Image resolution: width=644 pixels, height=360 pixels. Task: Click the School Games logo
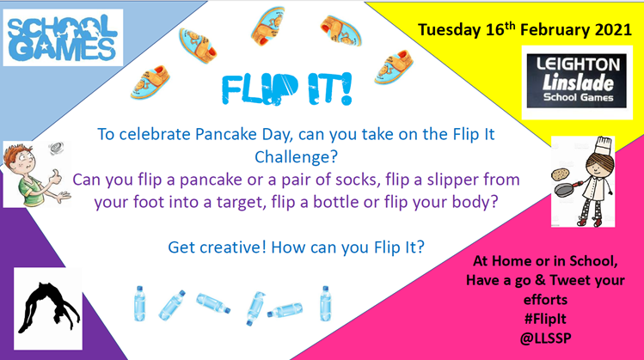click(x=63, y=38)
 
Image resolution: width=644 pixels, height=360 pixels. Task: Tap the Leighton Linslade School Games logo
click(x=577, y=82)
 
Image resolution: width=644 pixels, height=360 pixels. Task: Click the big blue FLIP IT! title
click(x=286, y=89)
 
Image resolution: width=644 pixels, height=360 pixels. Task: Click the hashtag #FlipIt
click(x=545, y=319)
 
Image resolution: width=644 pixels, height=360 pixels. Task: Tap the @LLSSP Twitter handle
click(x=545, y=339)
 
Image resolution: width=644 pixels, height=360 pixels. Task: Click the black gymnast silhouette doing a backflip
click(x=49, y=308)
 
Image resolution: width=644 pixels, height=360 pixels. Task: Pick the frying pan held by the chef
click(x=567, y=189)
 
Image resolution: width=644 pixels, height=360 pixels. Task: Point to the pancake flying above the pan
click(x=559, y=174)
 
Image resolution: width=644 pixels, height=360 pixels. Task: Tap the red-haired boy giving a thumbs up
click(x=34, y=174)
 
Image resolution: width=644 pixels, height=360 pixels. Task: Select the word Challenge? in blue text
click(x=296, y=157)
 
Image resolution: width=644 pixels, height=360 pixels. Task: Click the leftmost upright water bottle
click(x=139, y=304)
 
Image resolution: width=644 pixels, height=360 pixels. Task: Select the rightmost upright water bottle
click(x=326, y=304)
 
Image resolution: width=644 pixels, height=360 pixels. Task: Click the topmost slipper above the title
click(x=268, y=26)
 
